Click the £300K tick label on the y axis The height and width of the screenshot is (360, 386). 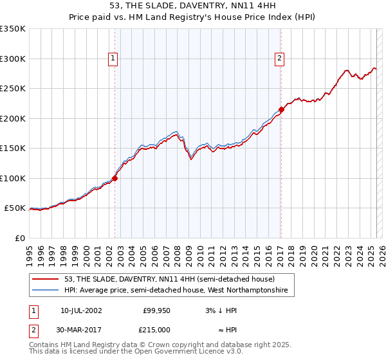(13, 59)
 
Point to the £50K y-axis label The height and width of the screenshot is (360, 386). (15, 208)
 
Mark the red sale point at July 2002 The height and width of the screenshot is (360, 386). (115, 178)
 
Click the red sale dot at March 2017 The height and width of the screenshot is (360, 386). (281, 109)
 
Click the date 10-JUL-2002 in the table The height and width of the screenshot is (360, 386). (81, 310)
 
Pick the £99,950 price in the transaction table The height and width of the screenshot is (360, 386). (156, 310)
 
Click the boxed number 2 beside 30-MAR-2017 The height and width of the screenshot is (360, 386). (33, 330)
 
